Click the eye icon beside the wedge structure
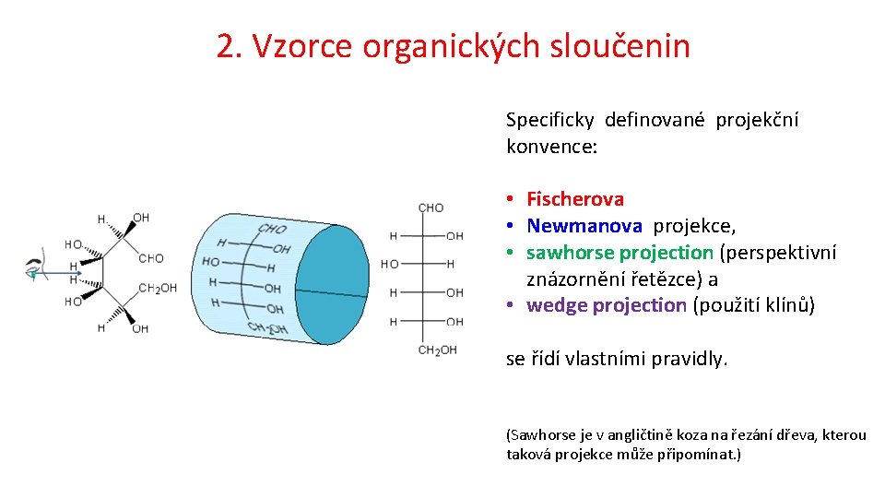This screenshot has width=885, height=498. [x=34, y=268]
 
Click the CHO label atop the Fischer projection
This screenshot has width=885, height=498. [x=431, y=207]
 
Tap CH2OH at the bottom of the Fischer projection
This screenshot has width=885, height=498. [x=437, y=350]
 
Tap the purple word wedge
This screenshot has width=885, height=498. [x=556, y=305]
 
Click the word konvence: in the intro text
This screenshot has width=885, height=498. [x=552, y=146]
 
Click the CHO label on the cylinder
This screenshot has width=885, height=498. [x=272, y=229]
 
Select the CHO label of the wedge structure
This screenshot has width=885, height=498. [x=151, y=259]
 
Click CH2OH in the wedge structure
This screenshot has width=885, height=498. [x=157, y=289]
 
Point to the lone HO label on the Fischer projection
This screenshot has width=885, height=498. [x=390, y=265]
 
